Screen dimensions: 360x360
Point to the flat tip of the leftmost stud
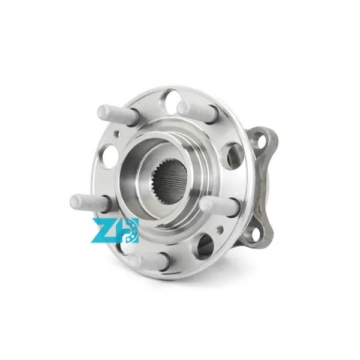[x=74, y=202]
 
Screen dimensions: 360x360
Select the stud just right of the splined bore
[x=219, y=205]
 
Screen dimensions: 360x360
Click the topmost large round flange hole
[x=169, y=98]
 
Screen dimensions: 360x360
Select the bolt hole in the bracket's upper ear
[x=262, y=140]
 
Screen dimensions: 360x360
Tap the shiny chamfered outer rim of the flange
[x=240, y=120]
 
